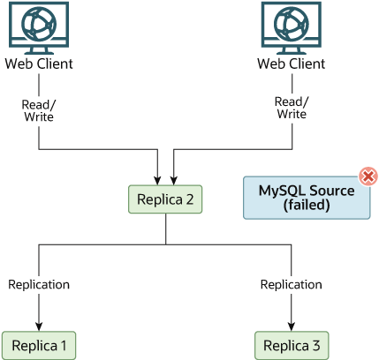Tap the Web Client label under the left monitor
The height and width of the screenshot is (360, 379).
click(39, 64)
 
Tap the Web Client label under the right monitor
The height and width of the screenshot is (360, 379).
click(291, 64)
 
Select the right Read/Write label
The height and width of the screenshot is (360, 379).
click(292, 107)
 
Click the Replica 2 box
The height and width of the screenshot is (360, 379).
click(165, 199)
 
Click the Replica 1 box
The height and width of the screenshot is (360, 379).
click(39, 345)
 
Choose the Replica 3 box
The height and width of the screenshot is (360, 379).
click(291, 345)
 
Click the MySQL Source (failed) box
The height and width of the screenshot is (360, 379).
click(307, 198)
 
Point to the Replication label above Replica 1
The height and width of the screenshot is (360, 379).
click(39, 284)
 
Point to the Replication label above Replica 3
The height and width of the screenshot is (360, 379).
click(291, 284)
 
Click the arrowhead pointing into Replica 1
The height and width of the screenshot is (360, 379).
click(39, 325)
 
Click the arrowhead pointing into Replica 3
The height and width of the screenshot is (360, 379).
click(291, 325)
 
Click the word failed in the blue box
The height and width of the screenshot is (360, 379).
click(307, 206)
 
